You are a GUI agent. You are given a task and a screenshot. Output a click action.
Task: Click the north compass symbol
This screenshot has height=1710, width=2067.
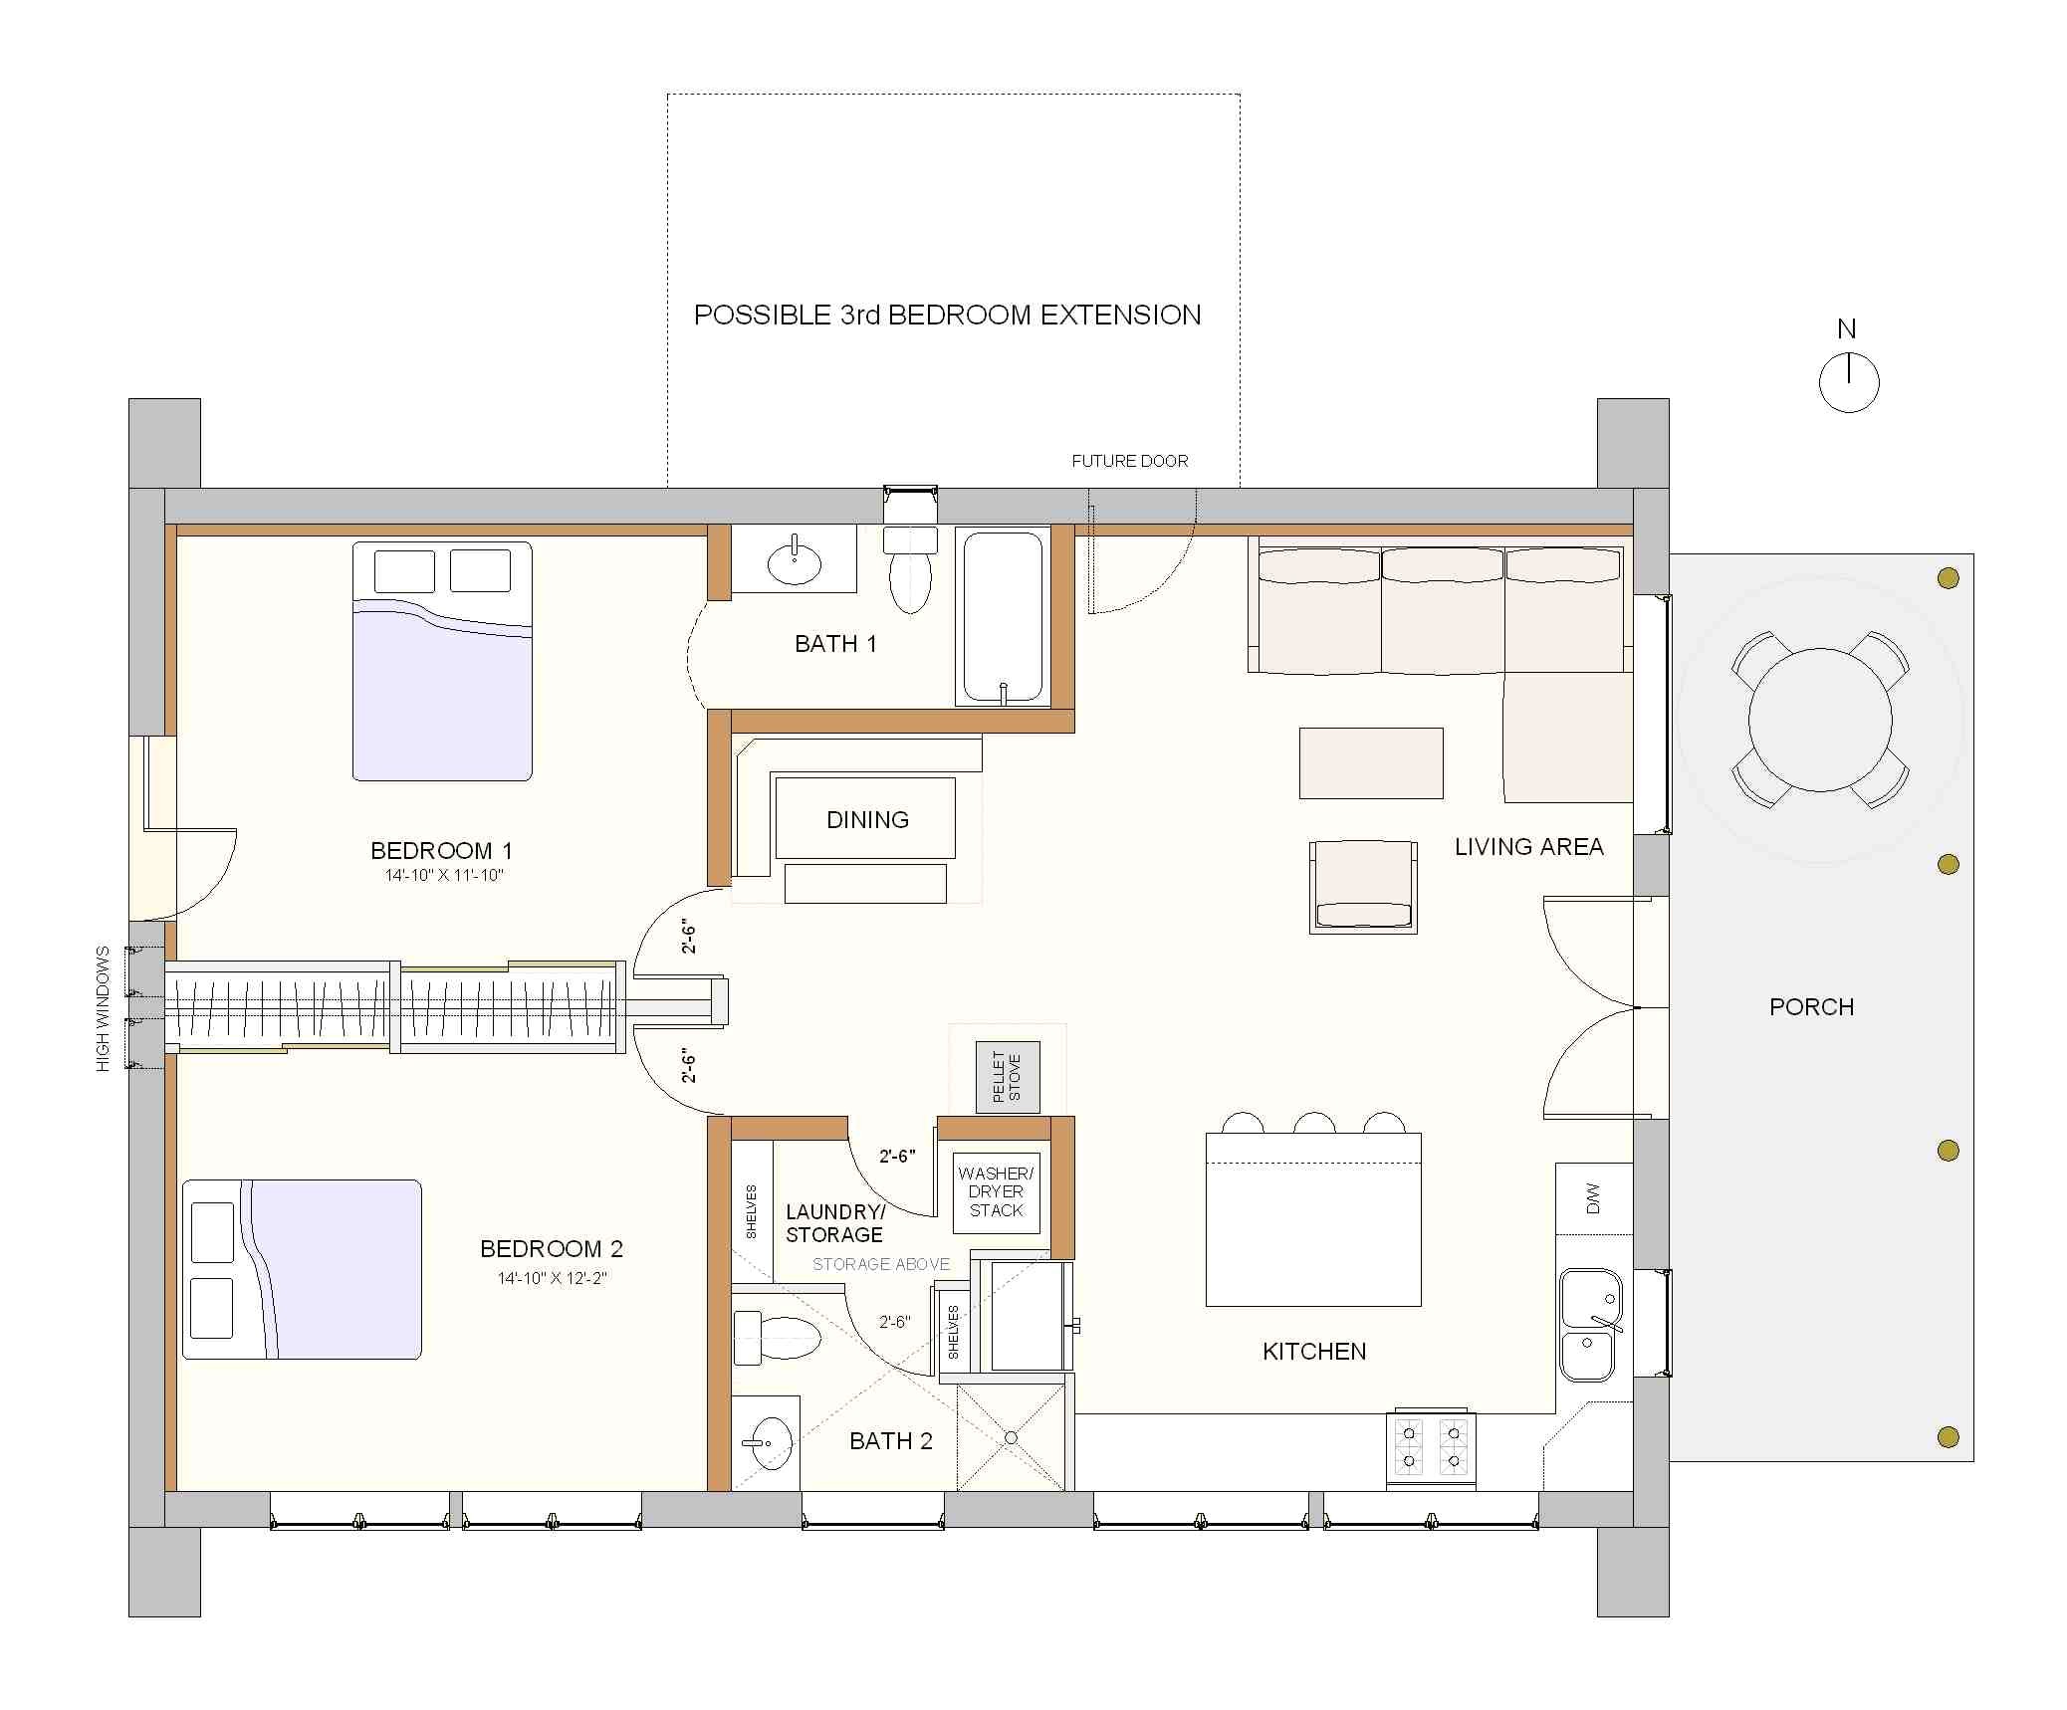pos(1848,382)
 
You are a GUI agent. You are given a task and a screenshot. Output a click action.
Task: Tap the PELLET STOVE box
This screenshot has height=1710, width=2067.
pos(1007,1077)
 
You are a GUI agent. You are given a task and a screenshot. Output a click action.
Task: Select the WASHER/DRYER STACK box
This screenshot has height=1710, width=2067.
pos(996,1192)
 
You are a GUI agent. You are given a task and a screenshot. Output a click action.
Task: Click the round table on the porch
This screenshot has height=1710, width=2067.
pos(1819,720)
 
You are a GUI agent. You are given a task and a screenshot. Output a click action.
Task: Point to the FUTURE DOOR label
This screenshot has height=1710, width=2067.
pos(1129,461)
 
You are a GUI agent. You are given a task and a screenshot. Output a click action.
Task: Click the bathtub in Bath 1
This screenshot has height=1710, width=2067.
pos(1003,616)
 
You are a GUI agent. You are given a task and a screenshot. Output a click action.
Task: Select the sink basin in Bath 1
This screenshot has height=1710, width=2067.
pos(794,564)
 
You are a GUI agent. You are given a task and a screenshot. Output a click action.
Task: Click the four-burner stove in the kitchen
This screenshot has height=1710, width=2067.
pos(1431,1448)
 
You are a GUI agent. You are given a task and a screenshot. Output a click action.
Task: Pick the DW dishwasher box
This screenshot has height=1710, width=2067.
pos(1593,1198)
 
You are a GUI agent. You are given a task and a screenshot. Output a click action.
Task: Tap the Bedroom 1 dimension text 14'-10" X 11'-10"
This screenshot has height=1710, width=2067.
pos(444,876)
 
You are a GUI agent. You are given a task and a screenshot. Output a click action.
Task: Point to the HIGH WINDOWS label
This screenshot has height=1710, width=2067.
pos(103,1008)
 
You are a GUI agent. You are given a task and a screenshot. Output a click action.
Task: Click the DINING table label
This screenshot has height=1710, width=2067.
pos(867,820)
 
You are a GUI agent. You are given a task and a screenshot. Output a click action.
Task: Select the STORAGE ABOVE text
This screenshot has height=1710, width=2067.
pos(880,1264)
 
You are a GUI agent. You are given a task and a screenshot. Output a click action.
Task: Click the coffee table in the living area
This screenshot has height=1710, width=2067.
pos(1370,763)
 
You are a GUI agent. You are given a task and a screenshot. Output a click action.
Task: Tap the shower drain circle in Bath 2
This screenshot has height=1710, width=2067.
pos(1011,1437)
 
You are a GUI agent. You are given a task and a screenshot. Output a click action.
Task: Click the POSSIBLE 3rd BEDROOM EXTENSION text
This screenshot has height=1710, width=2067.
pos(947,316)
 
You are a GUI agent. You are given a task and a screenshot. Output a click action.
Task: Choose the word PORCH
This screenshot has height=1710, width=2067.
pos(1811,1007)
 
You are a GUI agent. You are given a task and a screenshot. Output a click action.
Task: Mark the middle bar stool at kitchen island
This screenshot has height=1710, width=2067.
pos(1313,1124)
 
